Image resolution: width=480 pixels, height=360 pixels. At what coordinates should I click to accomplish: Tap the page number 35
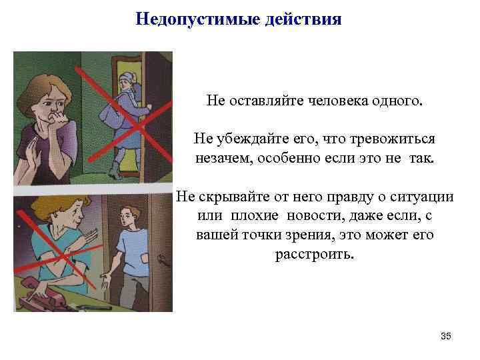446,336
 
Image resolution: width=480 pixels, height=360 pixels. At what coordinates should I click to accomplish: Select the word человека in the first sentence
341,101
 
